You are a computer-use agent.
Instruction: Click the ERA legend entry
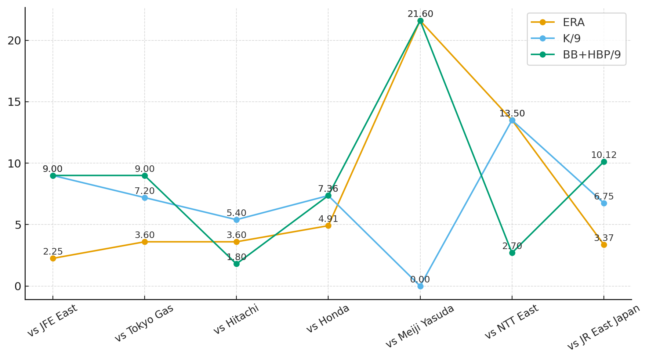573,22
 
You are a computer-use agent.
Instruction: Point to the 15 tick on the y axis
15,102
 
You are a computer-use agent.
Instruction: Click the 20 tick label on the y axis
15,40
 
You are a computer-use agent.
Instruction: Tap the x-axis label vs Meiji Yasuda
420,326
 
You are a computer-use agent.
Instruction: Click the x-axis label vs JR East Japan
603,327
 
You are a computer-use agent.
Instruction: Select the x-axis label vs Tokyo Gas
144,323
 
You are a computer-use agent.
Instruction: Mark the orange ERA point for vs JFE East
53,258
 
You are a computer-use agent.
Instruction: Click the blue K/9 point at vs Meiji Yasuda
420,286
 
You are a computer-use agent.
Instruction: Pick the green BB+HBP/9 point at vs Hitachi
236,264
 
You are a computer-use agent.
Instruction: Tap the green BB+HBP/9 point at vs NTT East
512,253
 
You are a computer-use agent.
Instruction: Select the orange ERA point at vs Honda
328,226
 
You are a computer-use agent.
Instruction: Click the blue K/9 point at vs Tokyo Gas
145,198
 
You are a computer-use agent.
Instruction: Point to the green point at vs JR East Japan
604,162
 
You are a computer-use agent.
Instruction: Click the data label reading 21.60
420,14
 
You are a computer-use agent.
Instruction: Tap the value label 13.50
512,114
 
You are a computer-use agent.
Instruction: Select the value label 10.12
604,155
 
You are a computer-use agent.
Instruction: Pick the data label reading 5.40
236,213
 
